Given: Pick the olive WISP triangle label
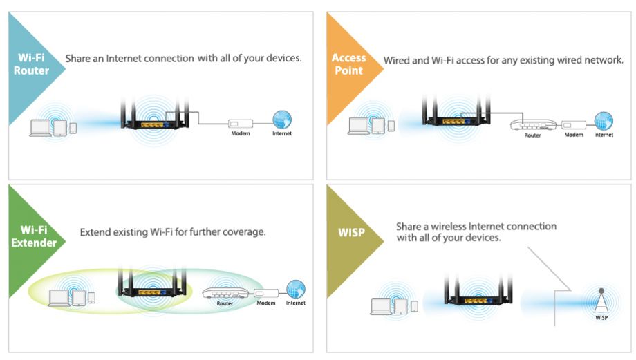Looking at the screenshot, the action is pyautogui.click(x=349, y=241).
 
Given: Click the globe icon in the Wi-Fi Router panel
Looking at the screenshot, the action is pyautogui.click(x=282, y=120).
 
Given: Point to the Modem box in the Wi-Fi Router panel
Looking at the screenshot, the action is pyautogui.click(x=241, y=124).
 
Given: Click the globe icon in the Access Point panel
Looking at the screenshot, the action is pyautogui.click(x=604, y=121).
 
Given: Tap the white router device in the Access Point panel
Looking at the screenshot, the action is pyautogui.click(x=533, y=124).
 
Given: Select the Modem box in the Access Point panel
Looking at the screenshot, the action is pyautogui.click(x=574, y=125).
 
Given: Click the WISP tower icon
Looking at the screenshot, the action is pyautogui.click(x=601, y=302).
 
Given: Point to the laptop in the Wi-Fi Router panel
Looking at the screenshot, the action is pyautogui.click(x=41, y=128).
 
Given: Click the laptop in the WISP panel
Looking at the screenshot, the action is pyautogui.click(x=382, y=306).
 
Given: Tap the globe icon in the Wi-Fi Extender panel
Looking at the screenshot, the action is pyautogui.click(x=296, y=289).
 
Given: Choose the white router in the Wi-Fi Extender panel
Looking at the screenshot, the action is pyautogui.click(x=225, y=294).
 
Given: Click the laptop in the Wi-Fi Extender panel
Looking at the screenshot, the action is pyautogui.click(x=59, y=298).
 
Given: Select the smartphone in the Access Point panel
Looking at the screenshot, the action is pyautogui.click(x=391, y=126).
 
